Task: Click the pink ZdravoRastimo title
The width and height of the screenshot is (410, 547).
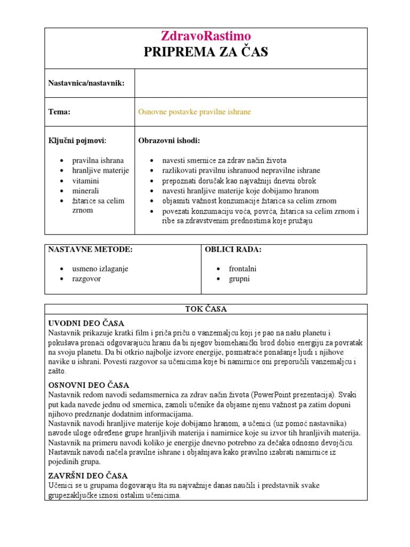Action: click(x=206, y=36)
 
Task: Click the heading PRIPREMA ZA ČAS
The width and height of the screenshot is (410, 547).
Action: click(x=206, y=52)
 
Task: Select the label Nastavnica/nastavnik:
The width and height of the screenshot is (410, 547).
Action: click(x=86, y=83)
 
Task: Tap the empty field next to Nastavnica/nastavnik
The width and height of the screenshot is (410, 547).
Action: click(x=251, y=83)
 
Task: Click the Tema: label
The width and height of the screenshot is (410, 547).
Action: click(x=59, y=112)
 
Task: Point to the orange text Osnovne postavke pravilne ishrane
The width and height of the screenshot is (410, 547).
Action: click(x=194, y=112)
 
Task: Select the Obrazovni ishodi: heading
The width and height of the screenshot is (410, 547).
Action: click(x=169, y=140)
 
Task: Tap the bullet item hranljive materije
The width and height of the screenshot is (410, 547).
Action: click(x=100, y=170)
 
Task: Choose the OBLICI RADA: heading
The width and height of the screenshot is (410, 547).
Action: click(x=233, y=249)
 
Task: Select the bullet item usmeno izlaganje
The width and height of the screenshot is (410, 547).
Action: click(x=100, y=269)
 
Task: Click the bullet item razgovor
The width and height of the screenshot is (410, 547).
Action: click(x=86, y=279)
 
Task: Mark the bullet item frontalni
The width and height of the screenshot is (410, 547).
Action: click(x=242, y=269)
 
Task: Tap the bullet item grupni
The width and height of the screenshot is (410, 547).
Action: click(x=239, y=279)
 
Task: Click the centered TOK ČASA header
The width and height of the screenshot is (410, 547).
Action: click(x=206, y=309)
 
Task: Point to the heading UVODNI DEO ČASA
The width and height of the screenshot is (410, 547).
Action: click(x=86, y=323)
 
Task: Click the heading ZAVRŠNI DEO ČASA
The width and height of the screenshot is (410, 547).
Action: click(x=88, y=475)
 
